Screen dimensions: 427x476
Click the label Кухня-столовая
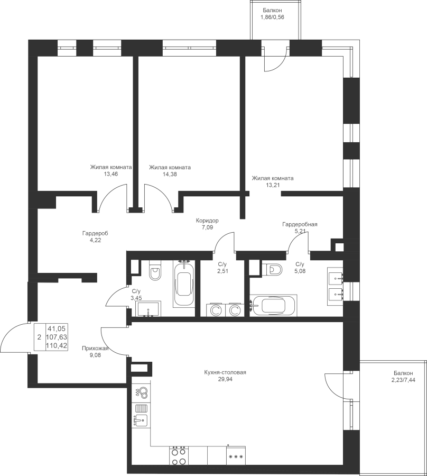[x=225, y=372]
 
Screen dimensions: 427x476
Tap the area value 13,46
[x=110, y=174]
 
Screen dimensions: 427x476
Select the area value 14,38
[x=170, y=174]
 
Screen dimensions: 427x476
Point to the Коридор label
[x=207, y=221]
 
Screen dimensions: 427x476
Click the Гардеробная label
[x=300, y=224]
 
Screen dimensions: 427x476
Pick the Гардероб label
[x=95, y=233]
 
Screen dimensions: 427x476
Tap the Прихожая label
[x=95, y=349]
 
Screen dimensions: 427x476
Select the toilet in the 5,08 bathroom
[x=272, y=269]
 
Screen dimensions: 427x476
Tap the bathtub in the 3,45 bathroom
[x=184, y=283]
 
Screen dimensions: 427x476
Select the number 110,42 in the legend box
[x=57, y=345]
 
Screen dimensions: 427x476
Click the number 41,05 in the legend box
[x=57, y=328]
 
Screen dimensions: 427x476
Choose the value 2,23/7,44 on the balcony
[x=403, y=379]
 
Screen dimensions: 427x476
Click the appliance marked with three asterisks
[x=236, y=456]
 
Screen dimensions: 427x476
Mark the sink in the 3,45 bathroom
[x=149, y=309]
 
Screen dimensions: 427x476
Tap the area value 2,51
[x=222, y=271]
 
